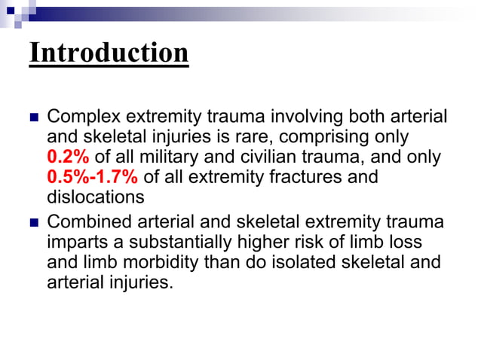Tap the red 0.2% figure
(x=69, y=157)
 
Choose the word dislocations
(x=95, y=197)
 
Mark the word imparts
(x=73, y=243)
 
